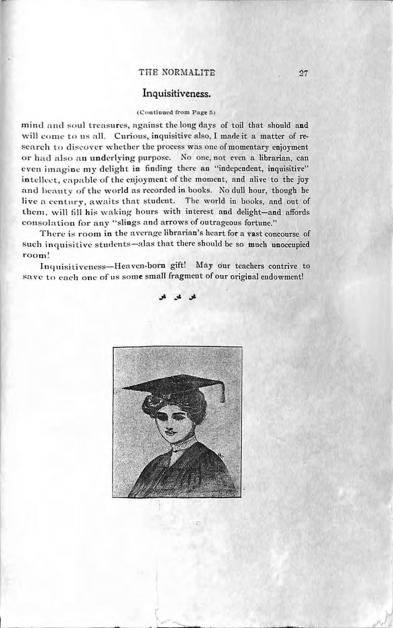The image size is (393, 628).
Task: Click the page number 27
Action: click(x=302, y=73)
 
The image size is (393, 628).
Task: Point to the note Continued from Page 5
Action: click(x=176, y=112)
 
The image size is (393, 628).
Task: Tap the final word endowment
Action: click(x=282, y=277)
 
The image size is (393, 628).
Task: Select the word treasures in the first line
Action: click(x=101, y=126)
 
